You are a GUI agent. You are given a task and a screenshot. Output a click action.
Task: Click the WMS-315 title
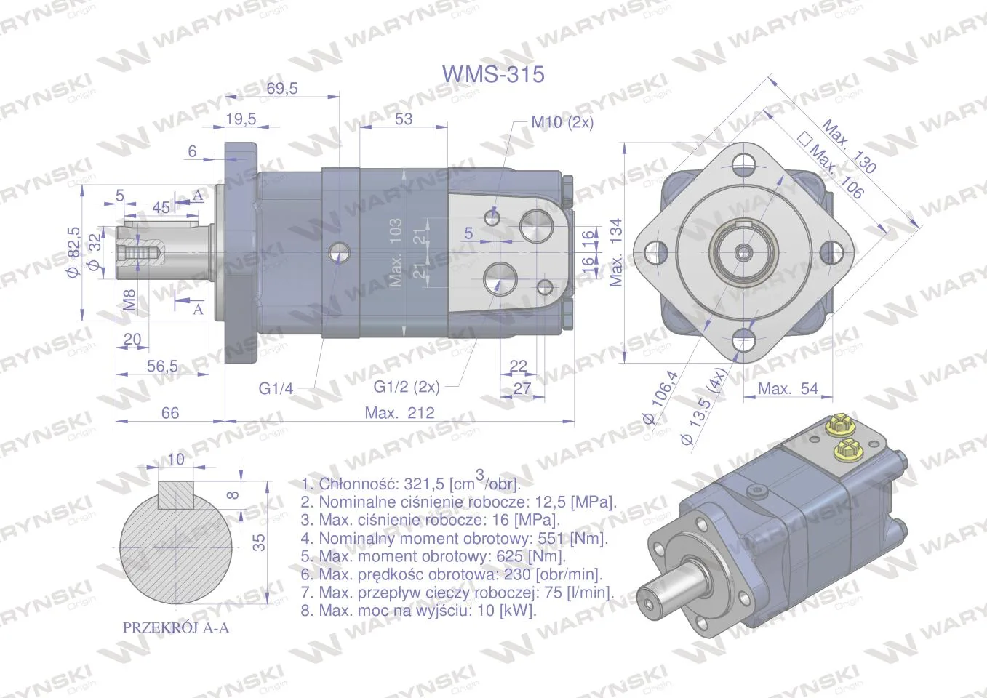[x=493, y=74]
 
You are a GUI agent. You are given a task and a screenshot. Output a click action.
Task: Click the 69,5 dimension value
[x=282, y=88]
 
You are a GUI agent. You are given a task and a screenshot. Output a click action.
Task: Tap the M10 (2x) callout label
[x=562, y=122]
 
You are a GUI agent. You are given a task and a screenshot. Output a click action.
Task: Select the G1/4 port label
[x=276, y=388]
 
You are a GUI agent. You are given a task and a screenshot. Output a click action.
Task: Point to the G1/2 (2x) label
[x=407, y=387]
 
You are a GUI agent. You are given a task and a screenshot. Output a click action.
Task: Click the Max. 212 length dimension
[x=399, y=413]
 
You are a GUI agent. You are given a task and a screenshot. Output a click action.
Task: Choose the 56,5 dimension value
[x=162, y=366]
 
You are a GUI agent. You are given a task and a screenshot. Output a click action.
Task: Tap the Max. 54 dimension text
[x=788, y=388]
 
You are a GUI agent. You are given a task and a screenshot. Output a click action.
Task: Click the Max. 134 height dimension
[x=615, y=252]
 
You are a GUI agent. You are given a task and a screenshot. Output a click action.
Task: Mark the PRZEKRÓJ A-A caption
[x=176, y=627]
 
